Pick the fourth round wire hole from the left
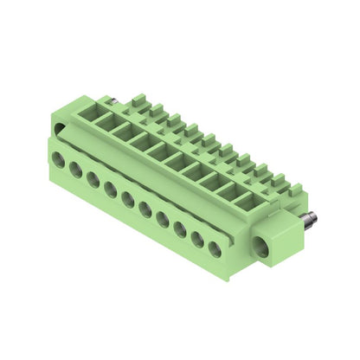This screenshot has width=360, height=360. pos(111,190)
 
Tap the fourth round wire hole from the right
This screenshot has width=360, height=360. pos(163,219)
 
